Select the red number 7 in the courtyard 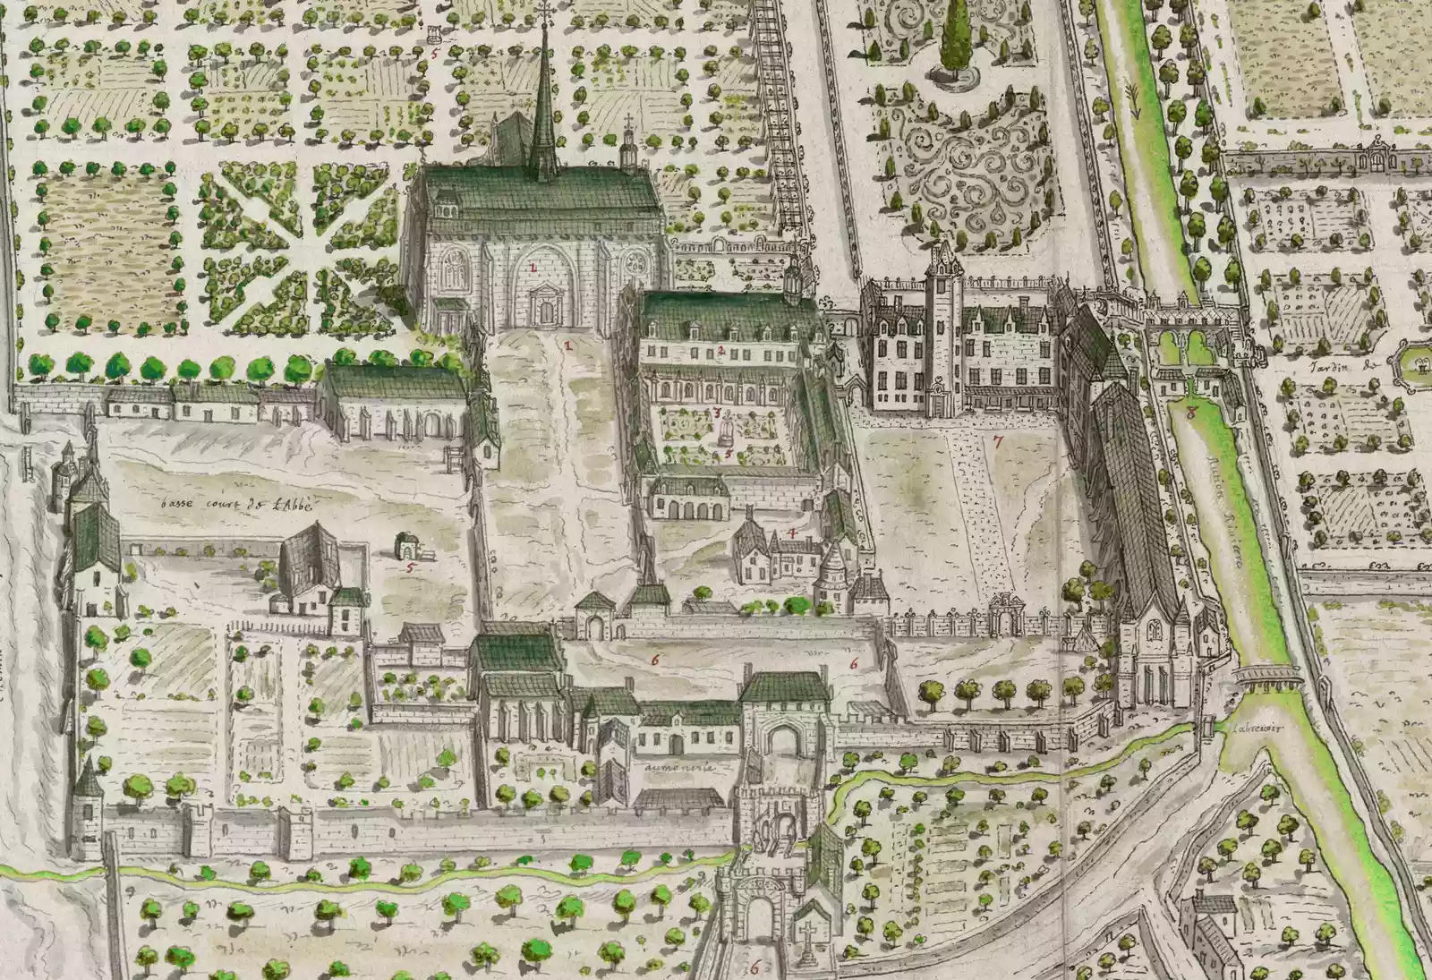(997, 441)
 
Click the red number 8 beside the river (1191, 413)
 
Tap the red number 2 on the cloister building (720, 349)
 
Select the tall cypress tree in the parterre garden (957, 40)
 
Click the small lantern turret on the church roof (627, 143)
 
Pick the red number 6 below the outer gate (754, 967)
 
